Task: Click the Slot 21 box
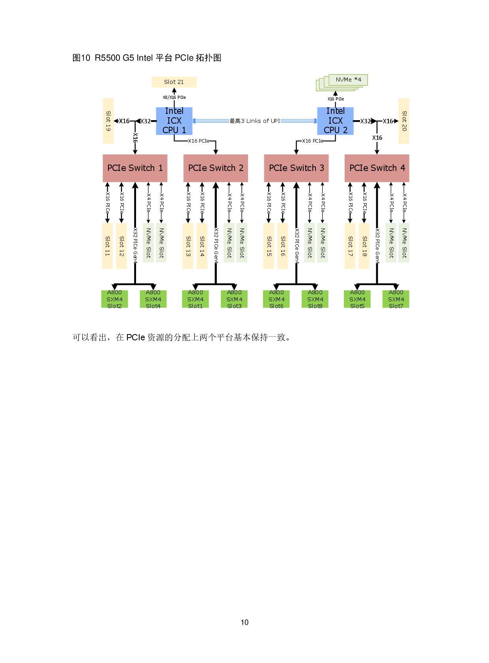click(174, 82)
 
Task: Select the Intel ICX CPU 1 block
click(174, 121)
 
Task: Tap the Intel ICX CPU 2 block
click(335, 121)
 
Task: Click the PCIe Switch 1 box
click(135, 168)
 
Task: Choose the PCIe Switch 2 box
click(216, 168)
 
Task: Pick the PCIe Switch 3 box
click(296, 168)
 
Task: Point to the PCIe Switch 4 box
click(377, 168)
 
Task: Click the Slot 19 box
click(108, 121)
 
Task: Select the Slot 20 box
click(404, 121)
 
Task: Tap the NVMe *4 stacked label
click(348, 80)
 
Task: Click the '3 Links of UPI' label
click(255, 121)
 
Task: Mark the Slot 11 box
click(107, 246)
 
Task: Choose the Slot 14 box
click(202, 246)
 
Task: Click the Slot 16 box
click(283, 246)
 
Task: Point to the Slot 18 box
click(364, 246)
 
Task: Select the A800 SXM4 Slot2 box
click(114, 299)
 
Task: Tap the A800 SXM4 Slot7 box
click(396, 299)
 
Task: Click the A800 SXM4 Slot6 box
click(276, 299)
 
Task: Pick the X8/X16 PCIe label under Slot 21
click(174, 97)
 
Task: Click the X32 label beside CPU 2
click(365, 121)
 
